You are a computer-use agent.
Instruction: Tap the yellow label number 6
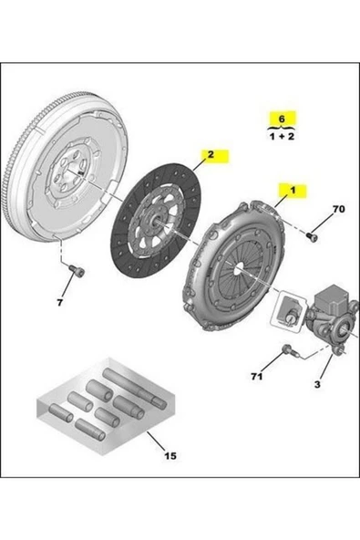point(282,119)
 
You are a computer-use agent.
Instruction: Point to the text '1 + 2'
point(282,135)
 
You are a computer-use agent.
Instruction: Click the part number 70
point(338,210)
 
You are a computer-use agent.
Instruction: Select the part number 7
point(61,301)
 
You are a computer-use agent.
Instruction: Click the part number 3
point(317,385)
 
